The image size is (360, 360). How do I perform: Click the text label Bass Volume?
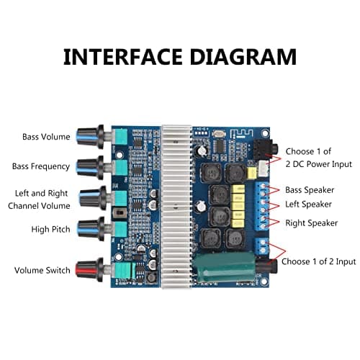[x=46, y=137]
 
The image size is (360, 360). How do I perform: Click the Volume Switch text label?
[x=42, y=271]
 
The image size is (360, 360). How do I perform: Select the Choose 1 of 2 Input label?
[x=317, y=261]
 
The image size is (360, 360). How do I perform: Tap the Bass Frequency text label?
[x=41, y=166]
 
